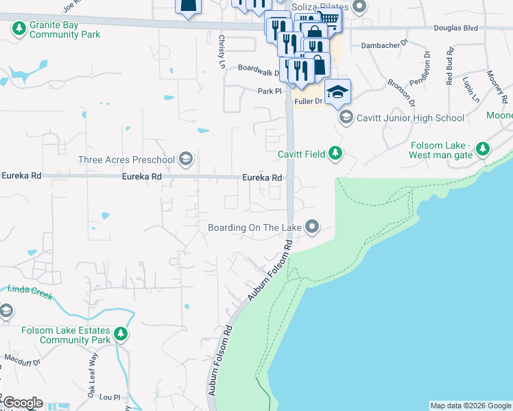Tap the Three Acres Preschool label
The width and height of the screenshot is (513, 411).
127,160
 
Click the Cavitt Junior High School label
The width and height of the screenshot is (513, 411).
410,118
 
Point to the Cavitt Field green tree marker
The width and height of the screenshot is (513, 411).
335,153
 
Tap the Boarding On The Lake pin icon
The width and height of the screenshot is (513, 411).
313,226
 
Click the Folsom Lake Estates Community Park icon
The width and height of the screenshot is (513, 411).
121,334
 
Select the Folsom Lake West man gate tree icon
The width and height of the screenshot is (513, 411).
483,149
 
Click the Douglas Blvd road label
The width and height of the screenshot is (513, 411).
455,29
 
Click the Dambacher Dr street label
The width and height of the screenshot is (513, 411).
384,46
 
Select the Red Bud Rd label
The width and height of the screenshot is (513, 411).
449,61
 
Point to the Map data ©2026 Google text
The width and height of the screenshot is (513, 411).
470,406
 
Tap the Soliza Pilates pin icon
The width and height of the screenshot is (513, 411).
359,7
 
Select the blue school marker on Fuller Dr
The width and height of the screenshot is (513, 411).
337,92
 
